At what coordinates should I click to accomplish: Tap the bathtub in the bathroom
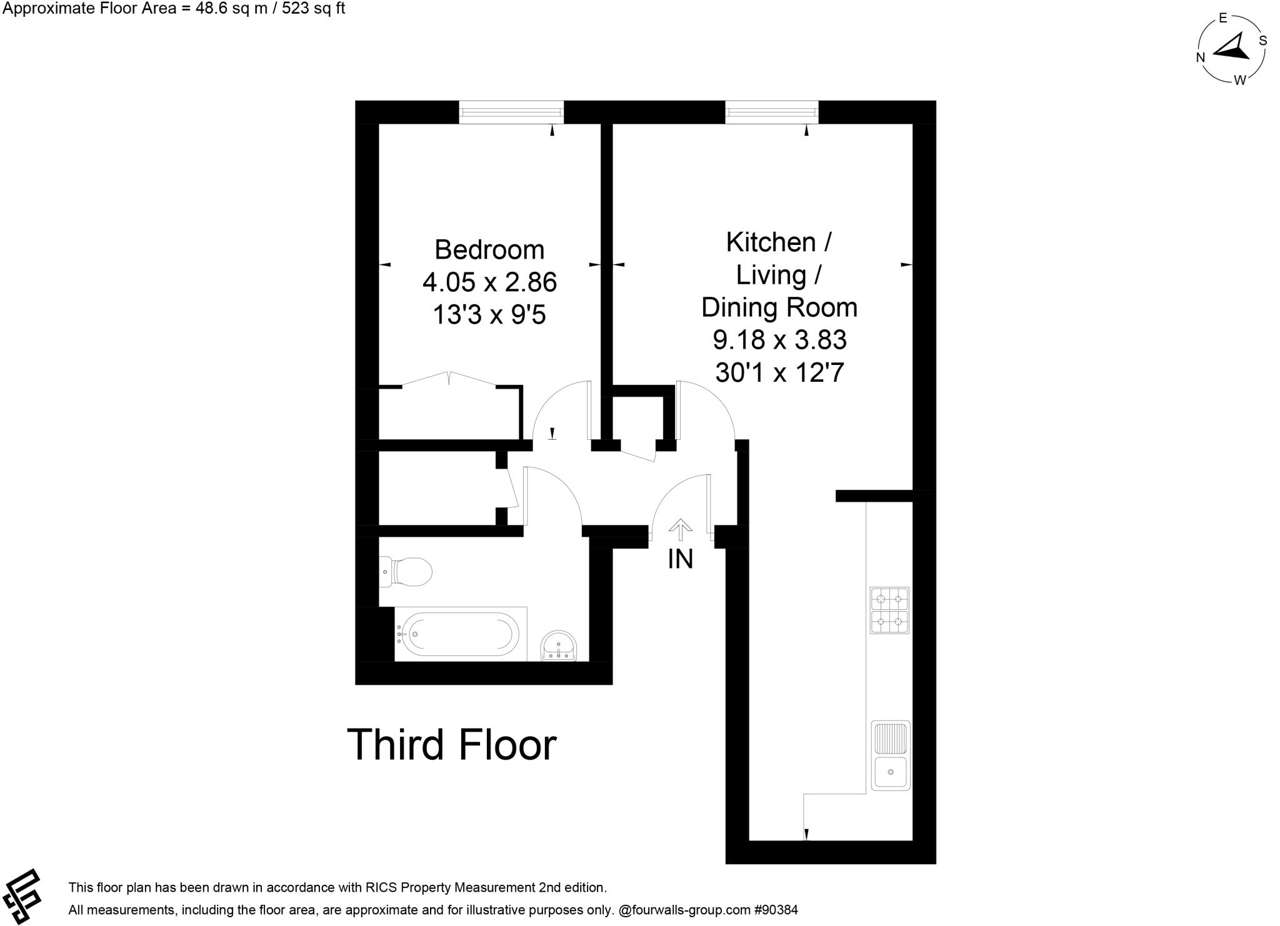(x=460, y=634)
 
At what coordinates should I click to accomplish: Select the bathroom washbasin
(x=559, y=645)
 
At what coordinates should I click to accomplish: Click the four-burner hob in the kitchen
(x=889, y=611)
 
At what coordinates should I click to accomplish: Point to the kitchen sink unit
(x=891, y=756)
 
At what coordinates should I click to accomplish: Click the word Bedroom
(x=489, y=250)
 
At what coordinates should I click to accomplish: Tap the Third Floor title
(x=451, y=745)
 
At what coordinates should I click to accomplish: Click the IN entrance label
(x=680, y=559)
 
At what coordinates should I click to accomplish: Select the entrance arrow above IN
(x=680, y=530)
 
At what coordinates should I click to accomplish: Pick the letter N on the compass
(x=1201, y=57)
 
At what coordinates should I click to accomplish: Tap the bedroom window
(x=511, y=112)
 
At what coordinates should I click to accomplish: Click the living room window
(x=772, y=112)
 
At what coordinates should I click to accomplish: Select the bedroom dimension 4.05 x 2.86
(x=489, y=282)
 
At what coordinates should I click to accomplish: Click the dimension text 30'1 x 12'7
(x=779, y=373)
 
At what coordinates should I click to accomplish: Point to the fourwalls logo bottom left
(x=22, y=896)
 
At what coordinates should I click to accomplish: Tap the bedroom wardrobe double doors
(x=449, y=379)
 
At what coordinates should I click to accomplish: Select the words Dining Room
(x=779, y=307)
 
